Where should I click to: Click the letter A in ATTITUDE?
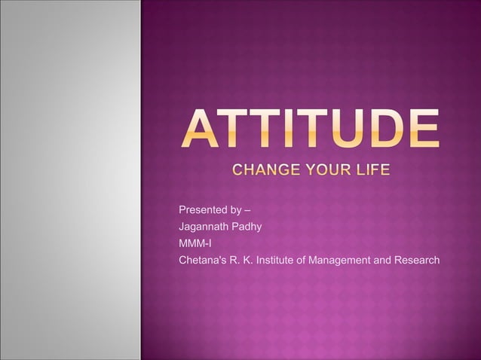point(198,130)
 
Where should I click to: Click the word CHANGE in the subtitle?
point(261,169)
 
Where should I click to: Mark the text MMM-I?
point(195,243)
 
